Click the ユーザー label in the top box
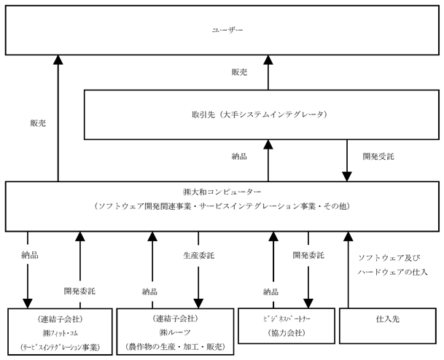point(227,30)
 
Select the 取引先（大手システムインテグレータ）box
point(262,115)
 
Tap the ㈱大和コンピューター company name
point(222,192)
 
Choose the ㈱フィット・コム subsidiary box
point(60,332)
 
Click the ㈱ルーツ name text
point(175,333)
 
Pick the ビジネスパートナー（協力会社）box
point(287,326)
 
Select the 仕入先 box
point(388,326)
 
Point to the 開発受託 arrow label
point(378,157)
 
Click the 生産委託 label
point(198,256)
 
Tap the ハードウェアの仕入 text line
point(392,273)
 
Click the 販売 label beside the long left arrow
point(38,123)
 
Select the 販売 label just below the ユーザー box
point(239,72)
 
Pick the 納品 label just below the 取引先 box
point(239,156)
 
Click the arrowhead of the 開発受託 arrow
point(347,176)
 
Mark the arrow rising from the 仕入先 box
point(348,270)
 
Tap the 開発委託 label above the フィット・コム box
point(79,291)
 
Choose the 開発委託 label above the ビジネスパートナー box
point(308,255)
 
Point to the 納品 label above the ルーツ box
point(149,291)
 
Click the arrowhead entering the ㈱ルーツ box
point(198,303)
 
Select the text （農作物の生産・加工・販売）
point(175,347)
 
